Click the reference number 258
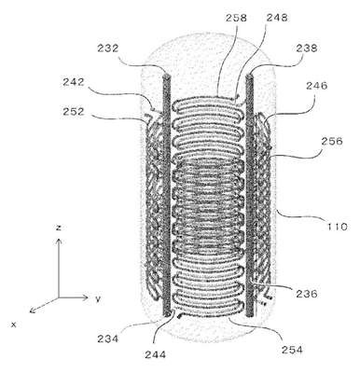click(236, 18)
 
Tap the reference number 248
click(277, 18)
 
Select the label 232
click(108, 48)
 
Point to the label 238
click(307, 48)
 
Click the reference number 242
click(74, 82)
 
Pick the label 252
click(74, 112)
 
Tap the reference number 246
click(317, 86)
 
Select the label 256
click(332, 141)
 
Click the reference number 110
click(337, 227)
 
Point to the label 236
click(307, 294)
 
